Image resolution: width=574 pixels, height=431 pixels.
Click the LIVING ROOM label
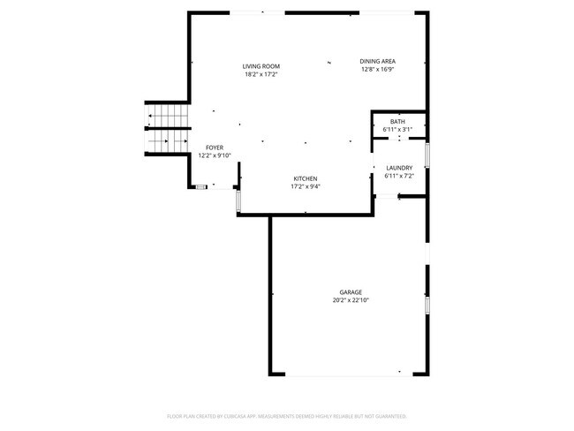[261, 66]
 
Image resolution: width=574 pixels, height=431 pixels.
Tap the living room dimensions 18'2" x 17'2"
[261, 74]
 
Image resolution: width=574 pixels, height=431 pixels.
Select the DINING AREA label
[377, 61]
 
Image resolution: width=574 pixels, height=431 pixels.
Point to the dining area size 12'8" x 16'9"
[377, 69]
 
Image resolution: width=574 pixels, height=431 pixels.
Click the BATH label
[397, 121]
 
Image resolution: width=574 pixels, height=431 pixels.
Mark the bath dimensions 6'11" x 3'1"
[397, 129]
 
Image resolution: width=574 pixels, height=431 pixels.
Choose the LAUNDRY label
[399, 168]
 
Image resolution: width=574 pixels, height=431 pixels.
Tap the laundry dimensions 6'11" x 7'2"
[399, 176]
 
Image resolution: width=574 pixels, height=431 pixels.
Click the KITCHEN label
[306, 178]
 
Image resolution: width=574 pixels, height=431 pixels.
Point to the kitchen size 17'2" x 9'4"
[306, 186]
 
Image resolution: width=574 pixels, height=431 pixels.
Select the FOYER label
[215, 147]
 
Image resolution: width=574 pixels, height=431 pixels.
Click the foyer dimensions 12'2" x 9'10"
[215, 155]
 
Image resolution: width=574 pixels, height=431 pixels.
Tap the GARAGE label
[351, 292]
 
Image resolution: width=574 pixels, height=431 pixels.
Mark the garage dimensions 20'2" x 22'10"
[351, 300]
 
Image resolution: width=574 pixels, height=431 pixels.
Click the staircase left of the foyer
[167, 129]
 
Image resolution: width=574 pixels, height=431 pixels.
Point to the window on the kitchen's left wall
[238, 200]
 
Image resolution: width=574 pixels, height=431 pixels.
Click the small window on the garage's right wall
[427, 306]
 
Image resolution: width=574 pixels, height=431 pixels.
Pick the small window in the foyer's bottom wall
[201, 186]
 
